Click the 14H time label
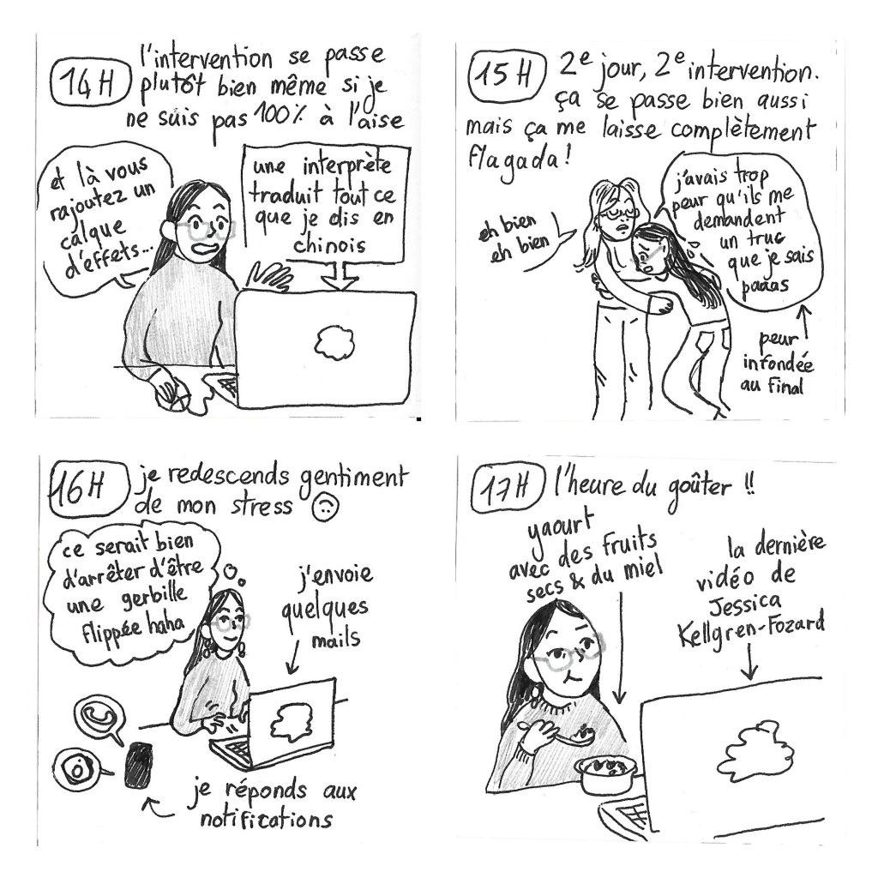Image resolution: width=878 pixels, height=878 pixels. tap(89, 84)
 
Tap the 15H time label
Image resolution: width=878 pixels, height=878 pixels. tap(506, 75)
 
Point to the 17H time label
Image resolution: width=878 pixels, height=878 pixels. tap(507, 489)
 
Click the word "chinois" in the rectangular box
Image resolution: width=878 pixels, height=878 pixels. tap(330, 245)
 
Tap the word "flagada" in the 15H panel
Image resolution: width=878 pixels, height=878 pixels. tap(514, 159)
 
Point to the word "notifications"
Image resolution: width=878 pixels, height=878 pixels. tap(267, 820)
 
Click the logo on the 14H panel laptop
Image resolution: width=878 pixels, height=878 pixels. tap(335, 343)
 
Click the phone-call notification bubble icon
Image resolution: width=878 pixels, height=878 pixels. tap(99, 718)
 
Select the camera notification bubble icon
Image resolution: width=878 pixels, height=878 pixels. tap(77, 769)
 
